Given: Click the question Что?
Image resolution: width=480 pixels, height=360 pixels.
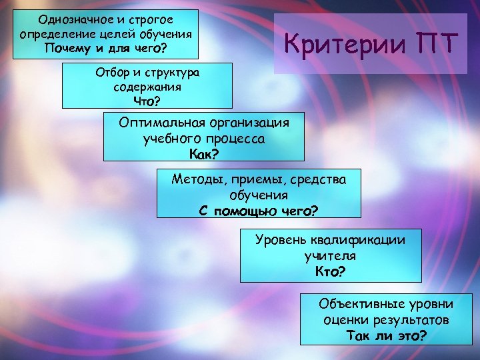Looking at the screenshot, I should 147,101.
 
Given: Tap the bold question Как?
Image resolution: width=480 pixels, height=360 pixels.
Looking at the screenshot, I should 204,155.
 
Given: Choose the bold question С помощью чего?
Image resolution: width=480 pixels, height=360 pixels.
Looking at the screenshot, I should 259,211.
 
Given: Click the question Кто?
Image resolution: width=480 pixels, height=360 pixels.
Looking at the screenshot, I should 330,271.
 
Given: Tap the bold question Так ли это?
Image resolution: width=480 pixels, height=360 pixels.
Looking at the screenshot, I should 386,335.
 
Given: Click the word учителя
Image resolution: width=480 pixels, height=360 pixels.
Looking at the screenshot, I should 330,255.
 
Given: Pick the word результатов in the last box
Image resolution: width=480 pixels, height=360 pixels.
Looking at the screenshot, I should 411,320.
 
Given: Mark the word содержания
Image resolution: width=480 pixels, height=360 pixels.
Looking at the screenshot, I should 147,87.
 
